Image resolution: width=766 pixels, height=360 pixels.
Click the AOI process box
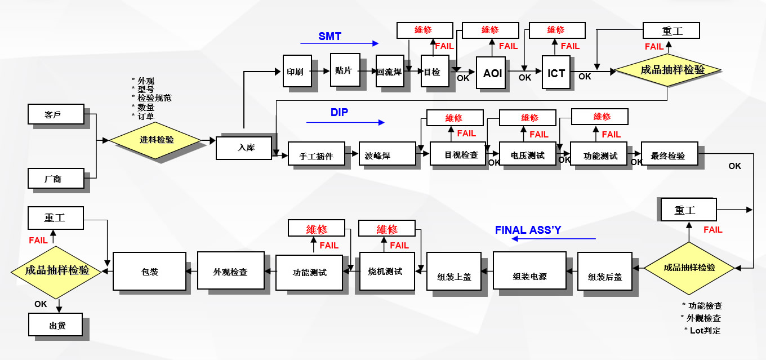[492, 73]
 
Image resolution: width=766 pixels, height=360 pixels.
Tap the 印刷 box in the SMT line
[296, 71]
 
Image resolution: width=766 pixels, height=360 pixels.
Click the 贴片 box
[345, 70]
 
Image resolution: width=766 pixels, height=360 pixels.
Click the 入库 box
[244, 148]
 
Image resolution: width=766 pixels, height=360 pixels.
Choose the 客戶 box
[56, 114]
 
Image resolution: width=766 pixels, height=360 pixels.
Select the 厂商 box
[56, 178]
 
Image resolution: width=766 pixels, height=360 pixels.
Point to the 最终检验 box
[669, 154]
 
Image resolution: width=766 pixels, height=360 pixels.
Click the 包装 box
[150, 271]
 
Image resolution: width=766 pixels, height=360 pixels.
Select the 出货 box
[56, 325]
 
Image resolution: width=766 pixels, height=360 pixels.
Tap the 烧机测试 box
[388, 271]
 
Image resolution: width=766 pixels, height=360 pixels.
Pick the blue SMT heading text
[330, 37]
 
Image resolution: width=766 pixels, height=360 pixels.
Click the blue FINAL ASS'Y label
[528, 230]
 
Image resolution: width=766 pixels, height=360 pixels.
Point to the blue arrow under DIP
[345, 122]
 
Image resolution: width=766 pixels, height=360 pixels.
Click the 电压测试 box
[528, 154]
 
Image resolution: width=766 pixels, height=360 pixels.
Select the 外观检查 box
[230, 271]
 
